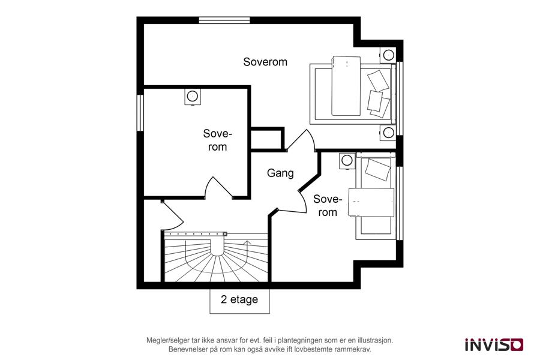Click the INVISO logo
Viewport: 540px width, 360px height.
(x=494, y=344)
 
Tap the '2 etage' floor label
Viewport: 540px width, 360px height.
(x=239, y=299)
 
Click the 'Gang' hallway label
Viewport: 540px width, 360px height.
(x=280, y=173)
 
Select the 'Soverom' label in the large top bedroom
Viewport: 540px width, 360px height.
(x=265, y=62)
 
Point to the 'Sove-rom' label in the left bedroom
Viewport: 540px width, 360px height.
(x=218, y=140)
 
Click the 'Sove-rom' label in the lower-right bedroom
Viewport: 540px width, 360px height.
(x=328, y=205)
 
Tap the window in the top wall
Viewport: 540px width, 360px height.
(x=224, y=20)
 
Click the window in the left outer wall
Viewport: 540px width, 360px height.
(x=140, y=113)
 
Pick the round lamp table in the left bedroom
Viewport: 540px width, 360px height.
(x=192, y=97)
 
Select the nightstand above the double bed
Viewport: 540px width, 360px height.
(x=388, y=55)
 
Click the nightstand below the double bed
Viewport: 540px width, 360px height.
(x=388, y=133)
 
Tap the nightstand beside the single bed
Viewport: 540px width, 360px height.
(x=347, y=161)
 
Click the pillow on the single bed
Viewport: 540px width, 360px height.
(x=377, y=169)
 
